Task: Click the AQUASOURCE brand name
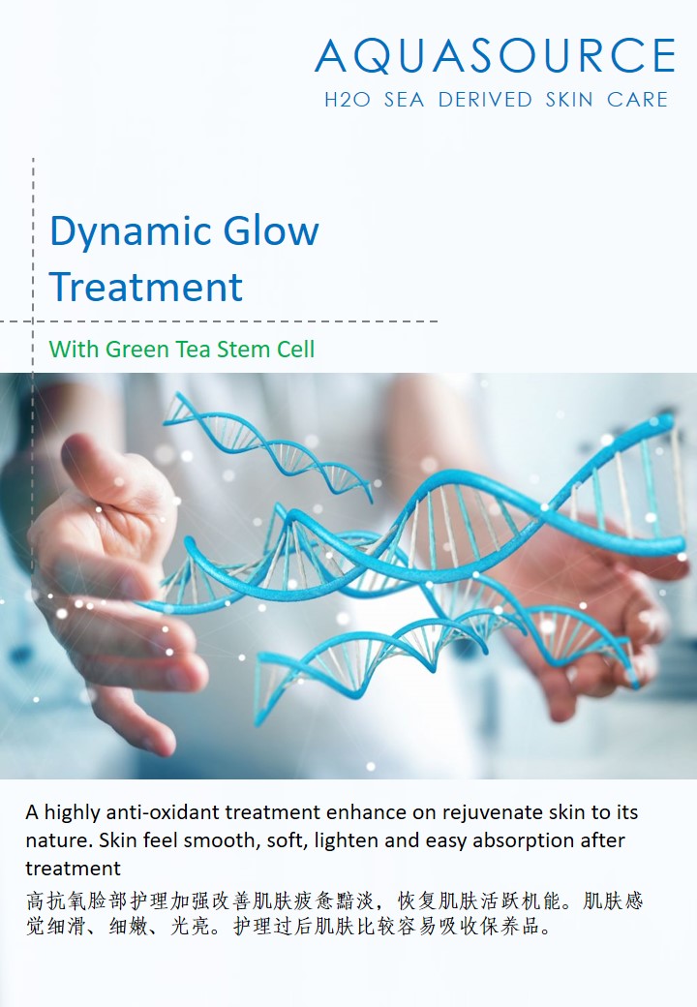[x=495, y=55]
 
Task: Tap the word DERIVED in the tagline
[x=485, y=100]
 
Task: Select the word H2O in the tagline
[x=348, y=100]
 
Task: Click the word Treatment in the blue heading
[x=146, y=287]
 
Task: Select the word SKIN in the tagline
[x=569, y=100]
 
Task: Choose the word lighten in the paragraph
[x=347, y=841]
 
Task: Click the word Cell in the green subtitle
[x=295, y=349]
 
